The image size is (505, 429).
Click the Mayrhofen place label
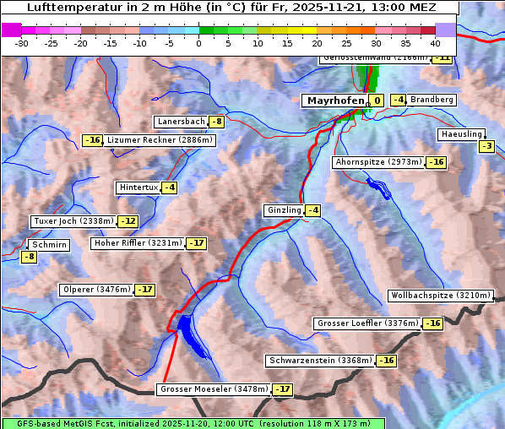click(335, 100)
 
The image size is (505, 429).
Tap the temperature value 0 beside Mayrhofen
click(377, 100)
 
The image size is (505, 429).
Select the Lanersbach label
click(181, 122)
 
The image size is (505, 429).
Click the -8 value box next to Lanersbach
click(217, 122)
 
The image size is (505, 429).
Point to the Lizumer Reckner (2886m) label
click(160, 140)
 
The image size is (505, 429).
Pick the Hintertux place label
click(138, 187)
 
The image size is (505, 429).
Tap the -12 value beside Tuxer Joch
click(128, 221)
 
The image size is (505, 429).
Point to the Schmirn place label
click(49, 245)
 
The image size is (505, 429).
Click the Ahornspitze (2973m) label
click(378, 161)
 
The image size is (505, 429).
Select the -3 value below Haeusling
click(486, 146)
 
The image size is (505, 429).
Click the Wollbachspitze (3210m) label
click(439, 296)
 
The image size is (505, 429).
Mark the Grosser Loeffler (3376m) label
click(367, 323)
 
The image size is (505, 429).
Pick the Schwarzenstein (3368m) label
click(319, 361)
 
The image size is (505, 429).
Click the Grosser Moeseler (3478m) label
click(213, 389)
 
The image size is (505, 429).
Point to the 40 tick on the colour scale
click(435, 42)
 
